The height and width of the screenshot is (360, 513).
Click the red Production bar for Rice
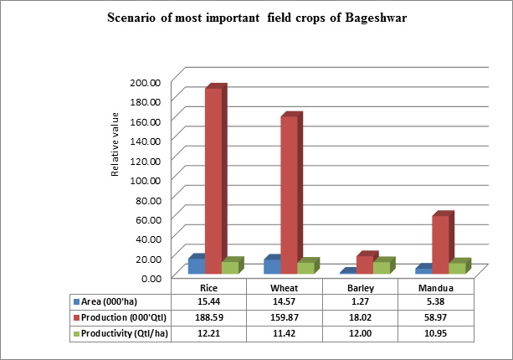[213, 180]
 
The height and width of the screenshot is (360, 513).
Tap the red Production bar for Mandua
[440, 244]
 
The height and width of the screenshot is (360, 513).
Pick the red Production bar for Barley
[364, 264]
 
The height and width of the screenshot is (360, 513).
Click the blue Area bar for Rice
[197, 265]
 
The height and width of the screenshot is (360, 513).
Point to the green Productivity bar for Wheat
[305, 267]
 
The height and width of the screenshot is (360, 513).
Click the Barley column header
[361, 286]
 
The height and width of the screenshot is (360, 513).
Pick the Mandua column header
[435, 286]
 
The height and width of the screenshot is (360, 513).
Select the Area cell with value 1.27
[361, 301]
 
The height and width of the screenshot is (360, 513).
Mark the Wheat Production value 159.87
[285, 316]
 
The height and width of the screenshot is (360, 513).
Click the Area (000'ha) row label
[109, 301]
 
